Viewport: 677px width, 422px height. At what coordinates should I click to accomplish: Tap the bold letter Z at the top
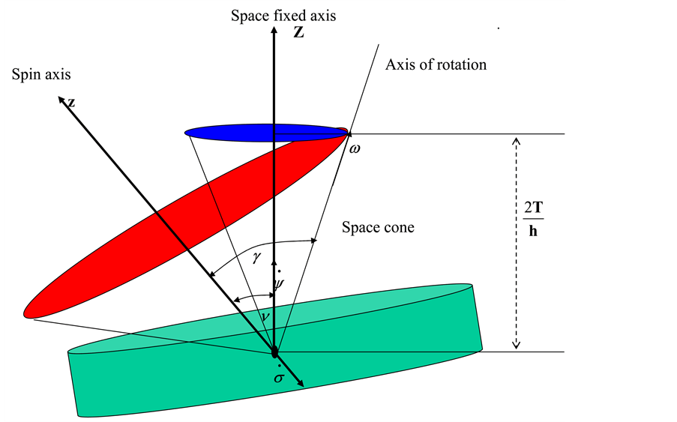[x=298, y=34]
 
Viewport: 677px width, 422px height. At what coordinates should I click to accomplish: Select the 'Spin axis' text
[x=41, y=75]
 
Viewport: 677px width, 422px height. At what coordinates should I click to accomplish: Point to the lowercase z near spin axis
[x=71, y=103]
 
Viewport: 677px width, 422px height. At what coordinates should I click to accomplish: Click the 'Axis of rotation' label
[x=436, y=64]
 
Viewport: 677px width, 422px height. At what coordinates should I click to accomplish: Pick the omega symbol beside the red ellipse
[x=355, y=149]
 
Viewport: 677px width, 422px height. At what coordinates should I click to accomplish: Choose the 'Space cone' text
[x=378, y=227]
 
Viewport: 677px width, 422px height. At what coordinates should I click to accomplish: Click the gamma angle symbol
[x=257, y=257]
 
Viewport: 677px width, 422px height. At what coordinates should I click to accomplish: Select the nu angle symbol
[x=263, y=317]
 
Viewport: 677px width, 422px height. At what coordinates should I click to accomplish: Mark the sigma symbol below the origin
[x=279, y=376]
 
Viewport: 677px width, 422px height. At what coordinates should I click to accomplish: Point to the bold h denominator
[x=533, y=232]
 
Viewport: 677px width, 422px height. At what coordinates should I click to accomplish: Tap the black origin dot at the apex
[x=274, y=352]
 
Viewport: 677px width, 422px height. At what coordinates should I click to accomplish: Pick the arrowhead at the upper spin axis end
[x=62, y=99]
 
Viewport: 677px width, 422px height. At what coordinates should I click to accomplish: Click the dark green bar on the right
[x=620, y=211]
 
